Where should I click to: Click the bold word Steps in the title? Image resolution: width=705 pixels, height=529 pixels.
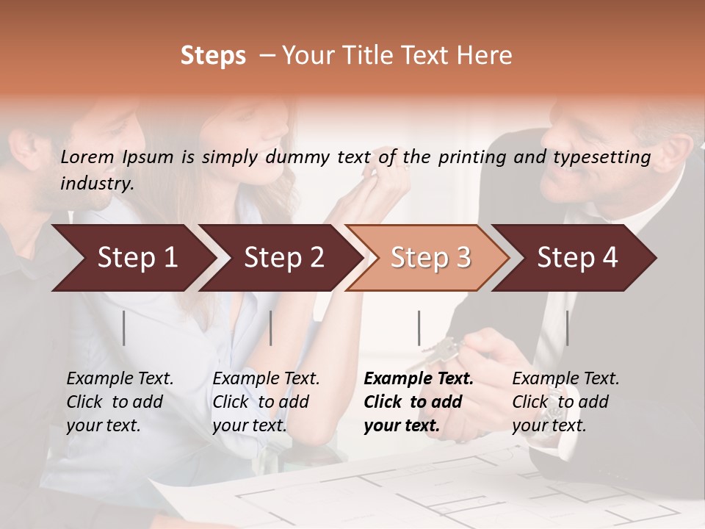coord(213,56)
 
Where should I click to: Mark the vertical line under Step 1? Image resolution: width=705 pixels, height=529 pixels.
coord(124,328)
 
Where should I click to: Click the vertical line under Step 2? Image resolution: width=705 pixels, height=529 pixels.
coord(271,328)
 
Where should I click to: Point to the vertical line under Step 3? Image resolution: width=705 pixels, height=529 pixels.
coord(419,328)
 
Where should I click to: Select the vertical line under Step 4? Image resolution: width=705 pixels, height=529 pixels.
coord(567,328)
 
